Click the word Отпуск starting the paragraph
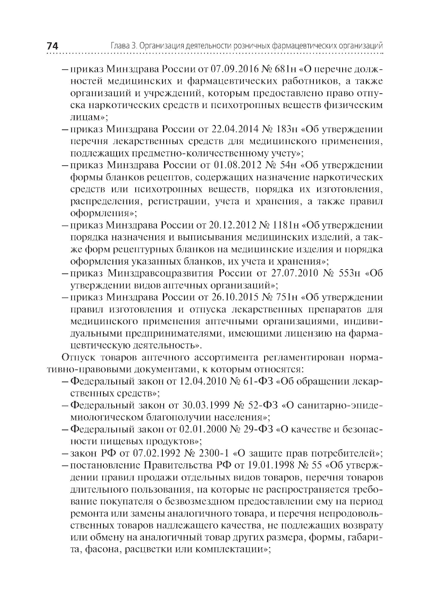pos(78,357)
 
